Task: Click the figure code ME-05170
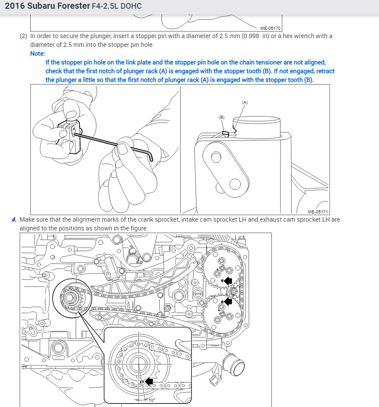click(x=270, y=28)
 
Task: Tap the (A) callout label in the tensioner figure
click(x=245, y=102)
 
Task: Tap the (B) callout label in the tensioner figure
click(x=221, y=117)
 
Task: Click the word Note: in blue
click(x=38, y=53)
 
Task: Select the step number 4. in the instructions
click(x=14, y=219)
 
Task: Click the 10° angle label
click(x=152, y=400)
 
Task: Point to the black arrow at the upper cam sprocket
click(x=228, y=281)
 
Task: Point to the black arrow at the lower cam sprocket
click(x=228, y=301)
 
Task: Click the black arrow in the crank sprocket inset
click(x=150, y=381)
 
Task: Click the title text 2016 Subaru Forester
click(x=42, y=7)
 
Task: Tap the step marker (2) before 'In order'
click(x=23, y=36)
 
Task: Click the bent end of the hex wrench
click(x=151, y=156)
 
